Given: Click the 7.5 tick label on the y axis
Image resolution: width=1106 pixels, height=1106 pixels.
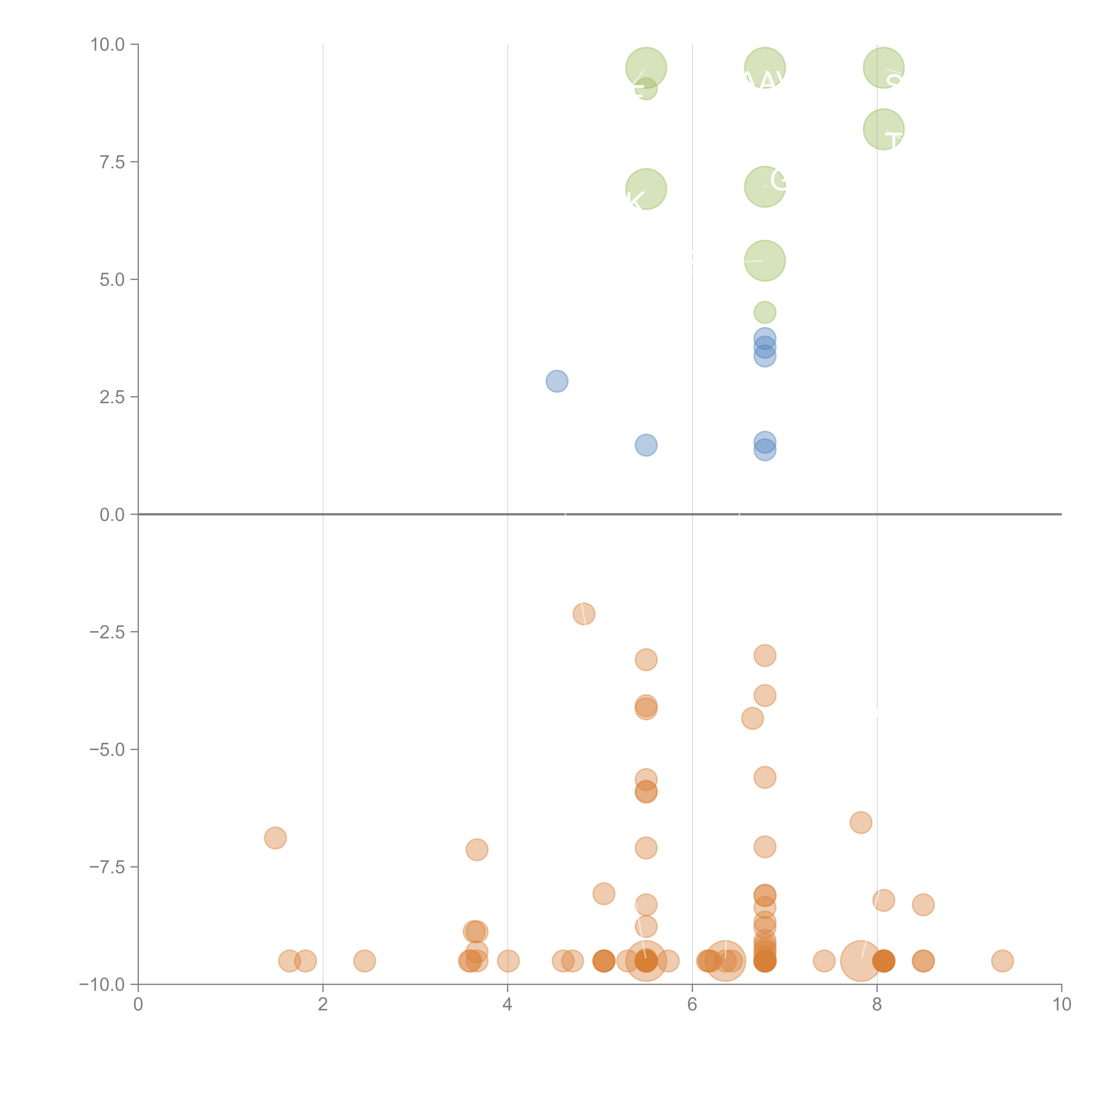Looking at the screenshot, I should pos(112,162).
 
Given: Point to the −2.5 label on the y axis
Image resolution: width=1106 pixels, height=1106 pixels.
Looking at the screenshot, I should pos(107,632).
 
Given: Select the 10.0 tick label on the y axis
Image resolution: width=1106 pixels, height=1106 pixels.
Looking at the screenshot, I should pos(108,45).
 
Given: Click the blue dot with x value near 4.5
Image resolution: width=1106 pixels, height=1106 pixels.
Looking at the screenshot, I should pos(557,381).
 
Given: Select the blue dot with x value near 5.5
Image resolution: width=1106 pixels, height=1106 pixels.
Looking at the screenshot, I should pos(646,445).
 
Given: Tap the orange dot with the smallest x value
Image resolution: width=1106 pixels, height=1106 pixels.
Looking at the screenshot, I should pos(275,838).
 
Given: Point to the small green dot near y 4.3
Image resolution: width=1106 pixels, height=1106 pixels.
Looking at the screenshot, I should pos(765,313).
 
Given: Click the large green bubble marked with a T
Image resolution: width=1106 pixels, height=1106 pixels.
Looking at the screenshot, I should pos(883,129).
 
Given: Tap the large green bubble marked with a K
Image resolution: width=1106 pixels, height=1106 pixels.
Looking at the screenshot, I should pos(646,189).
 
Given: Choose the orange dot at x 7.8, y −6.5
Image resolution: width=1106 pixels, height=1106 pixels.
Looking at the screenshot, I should pos(860,823).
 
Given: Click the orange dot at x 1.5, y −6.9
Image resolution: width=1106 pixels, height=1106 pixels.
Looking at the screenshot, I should pos(275,838).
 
